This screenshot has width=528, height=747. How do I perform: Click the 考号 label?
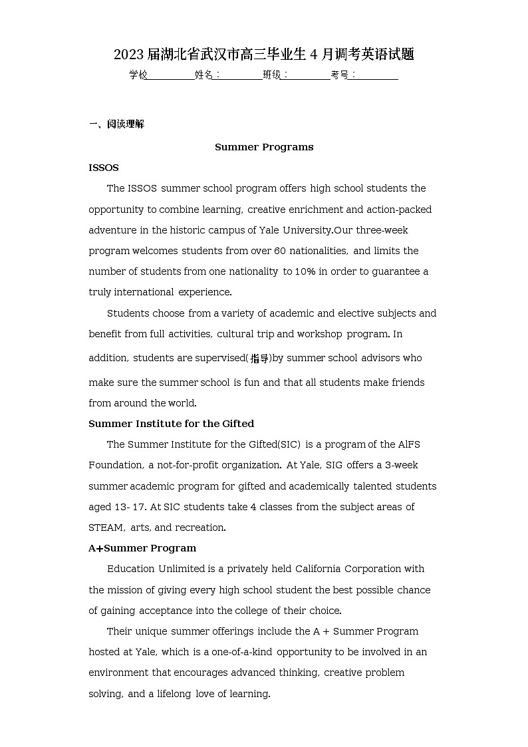[x=339, y=75]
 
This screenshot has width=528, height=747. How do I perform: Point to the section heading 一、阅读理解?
[x=116, y=124]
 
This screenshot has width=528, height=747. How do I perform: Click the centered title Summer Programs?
[x=264, y=147]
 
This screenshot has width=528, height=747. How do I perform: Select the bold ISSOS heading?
[x=104, y=168]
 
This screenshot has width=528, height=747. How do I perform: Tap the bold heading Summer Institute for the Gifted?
[x=171, y=424]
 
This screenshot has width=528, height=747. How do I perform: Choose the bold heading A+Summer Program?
[x=142, y=548]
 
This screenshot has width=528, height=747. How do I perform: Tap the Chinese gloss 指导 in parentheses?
[x=259, y=359]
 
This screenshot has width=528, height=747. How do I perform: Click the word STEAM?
[x=106, y=527]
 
